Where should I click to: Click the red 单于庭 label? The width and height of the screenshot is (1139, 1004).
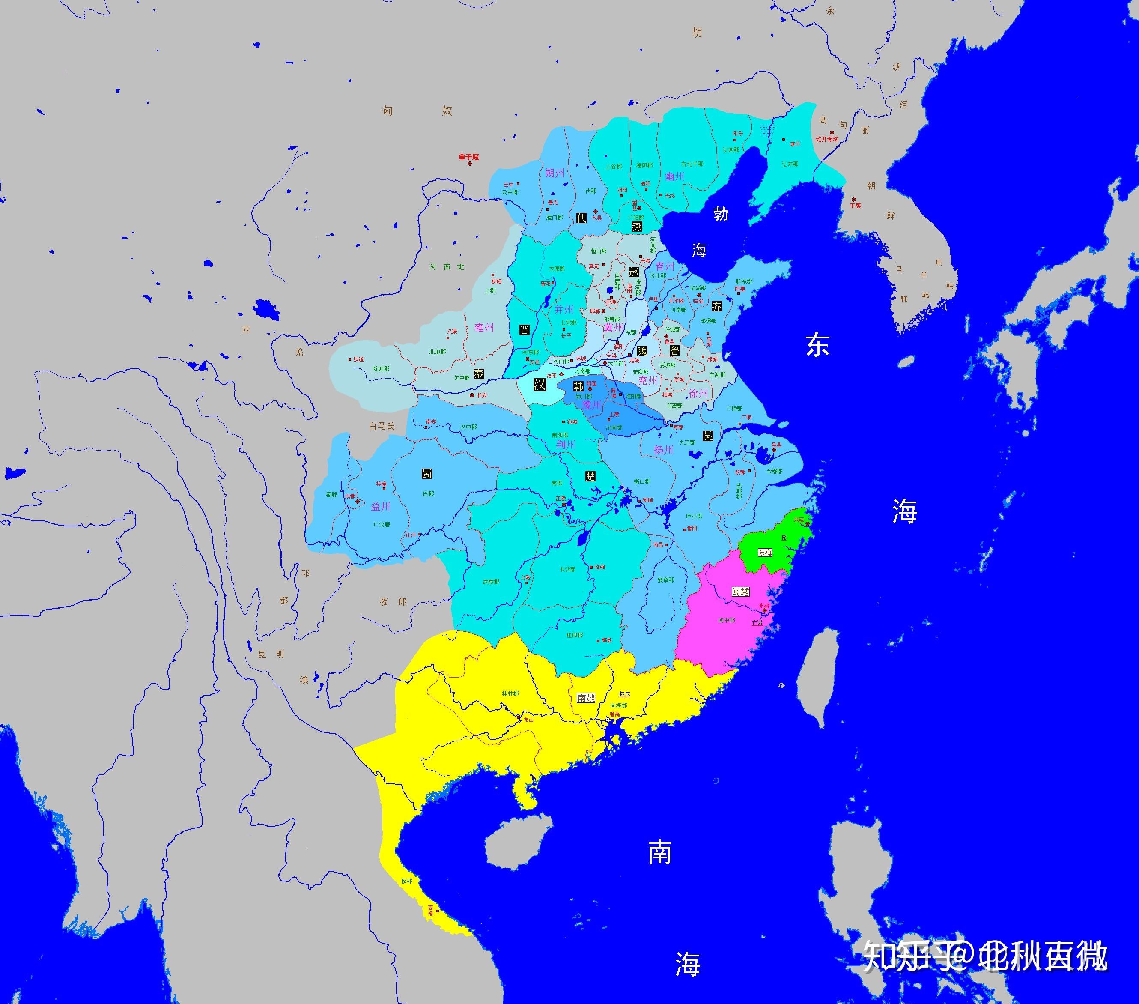pyautogui.click(x=468, y=158)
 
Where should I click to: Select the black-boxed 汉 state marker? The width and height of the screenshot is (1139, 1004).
pyautogui.click(x=539, y=385)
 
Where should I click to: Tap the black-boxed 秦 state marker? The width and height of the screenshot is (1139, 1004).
pyautogui.click(x=479, y=373)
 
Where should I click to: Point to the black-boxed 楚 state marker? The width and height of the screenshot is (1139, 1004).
pyautogui.click(x=590, y=475)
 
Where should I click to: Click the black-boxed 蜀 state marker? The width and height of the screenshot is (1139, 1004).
pyautogui.click(x=427, y=474)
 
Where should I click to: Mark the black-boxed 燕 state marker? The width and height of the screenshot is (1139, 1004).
pyautogui.click(x=637, y=226)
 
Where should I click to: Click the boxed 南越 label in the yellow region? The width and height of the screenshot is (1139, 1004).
pyautogui.click(x=586, y=697)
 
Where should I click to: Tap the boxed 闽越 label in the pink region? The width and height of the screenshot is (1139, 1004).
pyautogui.click(x=741, y=592)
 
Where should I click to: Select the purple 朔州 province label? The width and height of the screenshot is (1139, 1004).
pyautogui.click(x=555, y=173)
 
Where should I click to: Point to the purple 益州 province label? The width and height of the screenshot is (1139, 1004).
pyautogui.click(x=381, y=506)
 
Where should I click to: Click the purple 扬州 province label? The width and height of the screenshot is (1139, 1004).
pyautogui.click(x=663, y=449)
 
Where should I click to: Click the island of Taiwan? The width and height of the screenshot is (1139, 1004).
pyautogui.click(x=817, y=680)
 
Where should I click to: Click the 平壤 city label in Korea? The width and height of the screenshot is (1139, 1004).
pyautogui.click(x=855, y=205)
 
